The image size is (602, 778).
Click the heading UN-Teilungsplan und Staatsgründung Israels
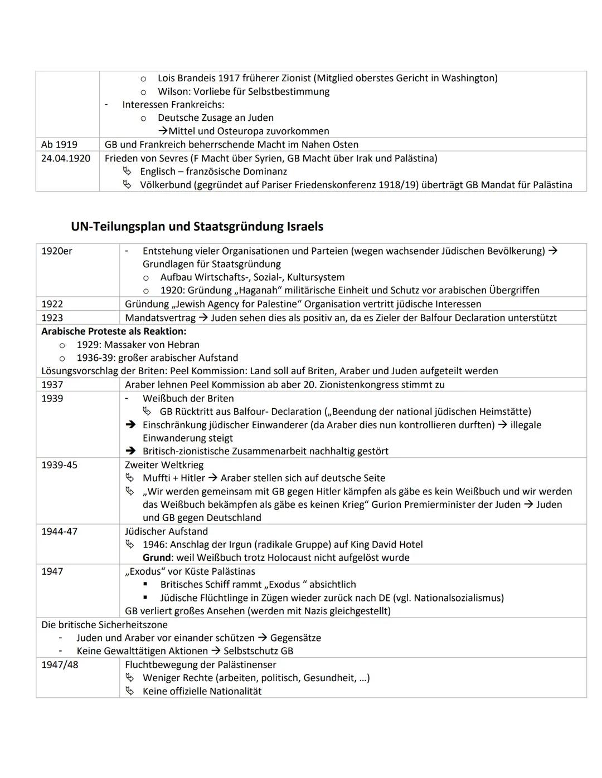click(197, 227)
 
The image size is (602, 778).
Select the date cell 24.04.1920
click(65, 158)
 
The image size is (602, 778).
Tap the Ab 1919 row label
click(59, 145)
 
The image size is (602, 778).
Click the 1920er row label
click(57, 251)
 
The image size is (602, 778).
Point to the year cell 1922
click(52, 304)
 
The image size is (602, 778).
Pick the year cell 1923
click(52, 318)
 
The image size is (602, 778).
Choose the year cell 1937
click(52, 385)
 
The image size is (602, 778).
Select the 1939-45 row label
click(59, 465)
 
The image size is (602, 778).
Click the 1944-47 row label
click(59, 532)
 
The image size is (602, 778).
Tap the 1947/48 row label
click(59, 665)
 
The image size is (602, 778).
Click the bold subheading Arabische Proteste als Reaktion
click(114, 331)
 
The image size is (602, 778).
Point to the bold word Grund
click(157, 558)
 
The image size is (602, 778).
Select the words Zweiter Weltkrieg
click(164, 465)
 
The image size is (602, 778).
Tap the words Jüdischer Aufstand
click(166, 532)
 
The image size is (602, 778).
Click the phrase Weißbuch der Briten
click(188, 399)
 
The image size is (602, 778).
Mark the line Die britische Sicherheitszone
click(104, 625)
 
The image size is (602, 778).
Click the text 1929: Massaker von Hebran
click(138, 345)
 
